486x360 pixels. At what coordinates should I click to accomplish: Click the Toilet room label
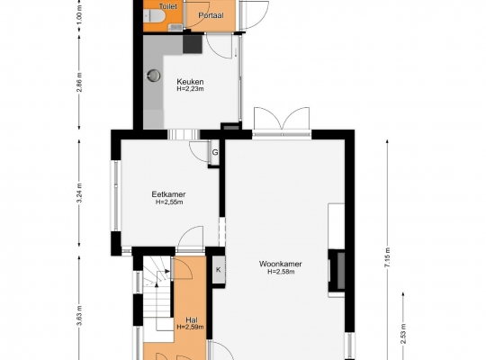click(x=167, y=6)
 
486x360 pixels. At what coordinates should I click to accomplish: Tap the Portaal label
click(x=211, y=15)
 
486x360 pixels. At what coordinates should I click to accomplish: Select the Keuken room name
click(x=190, y=82)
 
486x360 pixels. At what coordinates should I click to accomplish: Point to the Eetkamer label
click(x=168, y=194)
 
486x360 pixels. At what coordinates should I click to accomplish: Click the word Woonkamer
click(x=280, y=264)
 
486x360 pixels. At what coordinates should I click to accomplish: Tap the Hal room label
click(x=191, y=320)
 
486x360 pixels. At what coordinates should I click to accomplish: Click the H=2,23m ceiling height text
click(x=190, y=89)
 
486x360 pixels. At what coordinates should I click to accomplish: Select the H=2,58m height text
click(x=281, y=272)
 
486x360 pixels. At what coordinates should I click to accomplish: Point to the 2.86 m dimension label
click(x=80, y=82)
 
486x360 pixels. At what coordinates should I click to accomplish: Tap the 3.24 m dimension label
click(x=80, y=193)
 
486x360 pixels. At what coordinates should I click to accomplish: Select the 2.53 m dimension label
click(x=403, y=334)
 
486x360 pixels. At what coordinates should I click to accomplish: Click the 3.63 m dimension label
click(x=80, y=315)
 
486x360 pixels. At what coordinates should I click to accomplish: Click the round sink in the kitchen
click(x=153, y=75)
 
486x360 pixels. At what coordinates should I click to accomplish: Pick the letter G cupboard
click(x=215, y=153)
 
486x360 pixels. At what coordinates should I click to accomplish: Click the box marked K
click(x=218, y=270)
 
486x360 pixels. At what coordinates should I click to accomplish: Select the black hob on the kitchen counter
click(x=193, y=44)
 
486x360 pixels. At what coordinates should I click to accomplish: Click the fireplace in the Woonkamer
click(x=337, y=270)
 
